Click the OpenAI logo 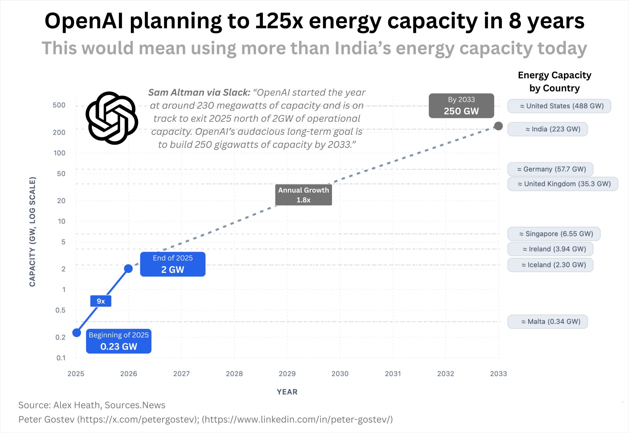(112, 118)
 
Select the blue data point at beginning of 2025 (76, 333)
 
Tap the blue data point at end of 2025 (128, 269)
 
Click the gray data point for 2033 (498, 126)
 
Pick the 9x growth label (101, 301)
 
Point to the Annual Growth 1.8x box (303, 195)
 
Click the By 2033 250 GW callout (461, 106)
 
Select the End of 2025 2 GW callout (173, 264)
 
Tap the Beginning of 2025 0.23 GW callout (119, 341)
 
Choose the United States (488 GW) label (559, 106)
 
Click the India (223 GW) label (548, 129)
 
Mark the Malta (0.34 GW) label (548, 322)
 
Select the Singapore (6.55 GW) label (554, 234)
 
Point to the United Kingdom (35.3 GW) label (563, 184)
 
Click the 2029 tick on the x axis (287, 374)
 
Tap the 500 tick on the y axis (59, 105)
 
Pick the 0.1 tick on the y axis (61, 358)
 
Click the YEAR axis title (287, 392)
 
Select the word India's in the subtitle (363, 49)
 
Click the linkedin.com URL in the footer (297, 419)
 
